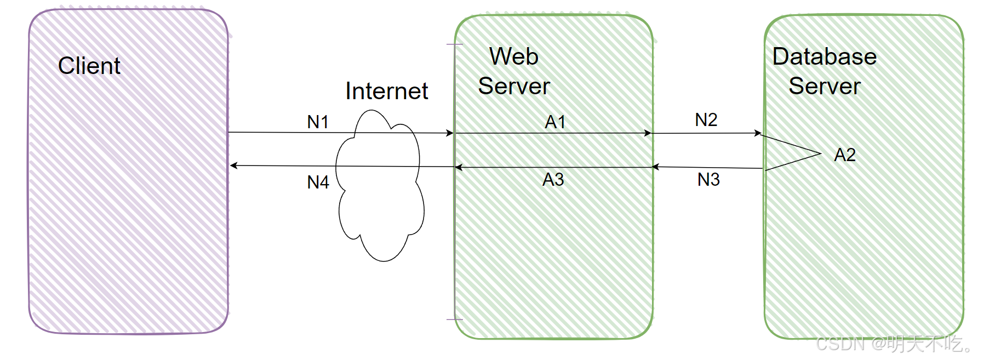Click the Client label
89,66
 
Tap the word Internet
386,91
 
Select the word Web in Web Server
514,56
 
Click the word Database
824,56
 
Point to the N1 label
318,122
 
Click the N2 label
706,119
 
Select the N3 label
708,179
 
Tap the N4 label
318,182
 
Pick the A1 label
555,122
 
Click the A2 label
844,155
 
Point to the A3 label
553,179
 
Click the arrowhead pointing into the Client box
233,165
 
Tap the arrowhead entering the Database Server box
758,133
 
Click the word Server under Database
824,86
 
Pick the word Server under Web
514,86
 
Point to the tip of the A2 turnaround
820,153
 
